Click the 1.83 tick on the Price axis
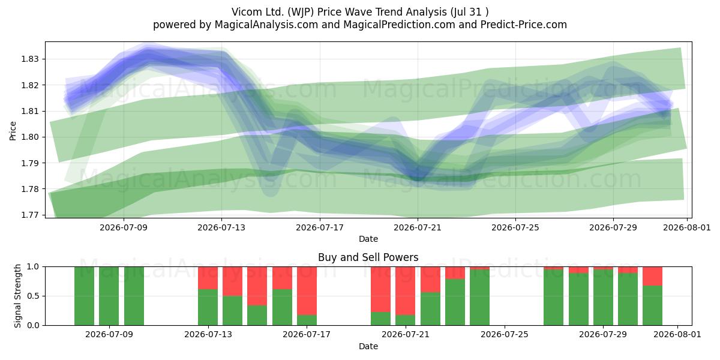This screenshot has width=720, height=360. (29, 59)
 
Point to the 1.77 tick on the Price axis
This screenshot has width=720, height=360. (29, 215)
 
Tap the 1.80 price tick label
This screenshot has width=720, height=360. (29, 137)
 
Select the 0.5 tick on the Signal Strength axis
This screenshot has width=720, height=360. (33, 296)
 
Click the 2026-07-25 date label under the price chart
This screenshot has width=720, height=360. (515, 227)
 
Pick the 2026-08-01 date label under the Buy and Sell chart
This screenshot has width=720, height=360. (677, 334)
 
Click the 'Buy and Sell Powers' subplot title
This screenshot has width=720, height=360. (368, 257)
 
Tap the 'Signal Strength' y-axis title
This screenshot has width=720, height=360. (17, 296)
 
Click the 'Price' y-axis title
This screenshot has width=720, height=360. (13, 131)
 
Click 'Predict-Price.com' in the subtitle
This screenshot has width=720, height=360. (524, 25)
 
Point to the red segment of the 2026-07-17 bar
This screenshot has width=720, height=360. (307, 291)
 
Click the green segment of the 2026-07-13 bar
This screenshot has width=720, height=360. (208, 307)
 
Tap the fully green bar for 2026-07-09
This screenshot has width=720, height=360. (109, 296)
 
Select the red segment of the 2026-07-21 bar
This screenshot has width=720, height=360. (406, 291)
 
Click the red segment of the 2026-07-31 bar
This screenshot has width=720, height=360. (653, 276)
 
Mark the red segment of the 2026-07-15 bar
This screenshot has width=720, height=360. (257, 286)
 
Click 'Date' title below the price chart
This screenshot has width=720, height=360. (368, 239)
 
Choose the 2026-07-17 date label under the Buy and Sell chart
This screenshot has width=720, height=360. (307, 334)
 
